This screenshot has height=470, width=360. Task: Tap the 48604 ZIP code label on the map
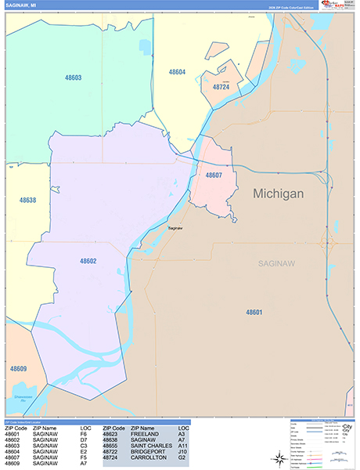177,72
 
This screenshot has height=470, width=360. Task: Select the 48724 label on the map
222,87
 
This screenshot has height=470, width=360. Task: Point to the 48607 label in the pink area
214,175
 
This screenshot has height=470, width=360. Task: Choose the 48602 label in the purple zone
88,261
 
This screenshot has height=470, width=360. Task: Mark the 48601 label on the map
254,312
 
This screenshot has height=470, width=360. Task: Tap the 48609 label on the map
18,368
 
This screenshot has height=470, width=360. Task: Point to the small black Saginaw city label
176,228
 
